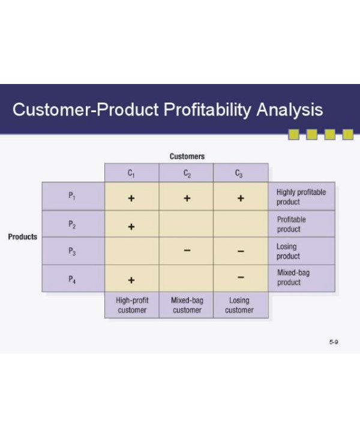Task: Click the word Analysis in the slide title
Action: pos(290,110)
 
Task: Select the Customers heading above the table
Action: pos(187,157)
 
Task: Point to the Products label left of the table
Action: pos(22,236)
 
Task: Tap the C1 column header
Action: pos(131,173)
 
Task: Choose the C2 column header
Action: pos(187,173)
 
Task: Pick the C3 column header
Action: pos(240,173)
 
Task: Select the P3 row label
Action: pos(72,251)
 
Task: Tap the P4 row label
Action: pos(72,279)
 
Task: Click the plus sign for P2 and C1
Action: pos(131,227)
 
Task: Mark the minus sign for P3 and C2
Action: pos(187,251)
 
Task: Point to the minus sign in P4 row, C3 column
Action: pos(240,278)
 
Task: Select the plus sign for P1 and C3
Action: pos(240,198)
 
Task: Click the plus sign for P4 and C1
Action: pos(131,280)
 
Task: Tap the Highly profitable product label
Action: pos(301,197)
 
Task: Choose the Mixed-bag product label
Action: pos(293,277)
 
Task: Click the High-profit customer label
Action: pos(131,305)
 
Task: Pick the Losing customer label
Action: pos(239,305)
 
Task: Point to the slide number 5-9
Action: pos(334,342)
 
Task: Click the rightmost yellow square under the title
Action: pos(347,134)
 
